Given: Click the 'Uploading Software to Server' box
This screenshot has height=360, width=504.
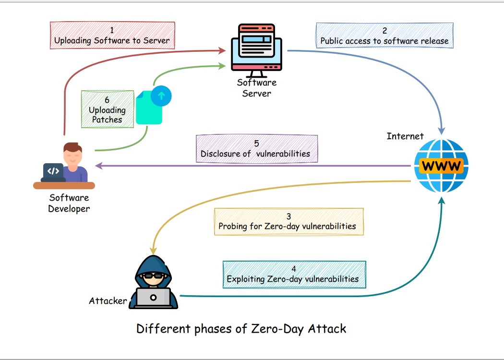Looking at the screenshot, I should (112, 35).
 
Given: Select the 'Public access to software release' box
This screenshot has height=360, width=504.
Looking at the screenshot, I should (384, 36).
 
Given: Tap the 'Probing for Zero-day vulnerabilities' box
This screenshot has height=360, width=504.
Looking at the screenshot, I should (288, 221).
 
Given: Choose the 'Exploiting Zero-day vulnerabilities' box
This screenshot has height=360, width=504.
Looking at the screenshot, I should (294, 274).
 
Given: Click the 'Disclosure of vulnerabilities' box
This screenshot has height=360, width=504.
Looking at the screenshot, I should (257, 149).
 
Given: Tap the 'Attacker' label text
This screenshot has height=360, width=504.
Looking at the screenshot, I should (108, 301).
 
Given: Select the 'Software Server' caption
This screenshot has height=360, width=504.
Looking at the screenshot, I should (257, 88).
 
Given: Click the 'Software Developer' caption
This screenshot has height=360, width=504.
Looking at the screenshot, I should (69, 203).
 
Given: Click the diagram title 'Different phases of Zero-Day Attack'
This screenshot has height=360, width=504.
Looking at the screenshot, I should (241, 329).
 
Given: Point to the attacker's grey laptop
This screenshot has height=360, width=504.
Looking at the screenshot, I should (153, 297).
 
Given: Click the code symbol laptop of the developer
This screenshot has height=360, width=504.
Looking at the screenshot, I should (53, 171).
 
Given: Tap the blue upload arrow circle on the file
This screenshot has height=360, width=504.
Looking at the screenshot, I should (161, 96).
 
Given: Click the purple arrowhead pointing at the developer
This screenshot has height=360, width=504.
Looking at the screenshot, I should (99, 166).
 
